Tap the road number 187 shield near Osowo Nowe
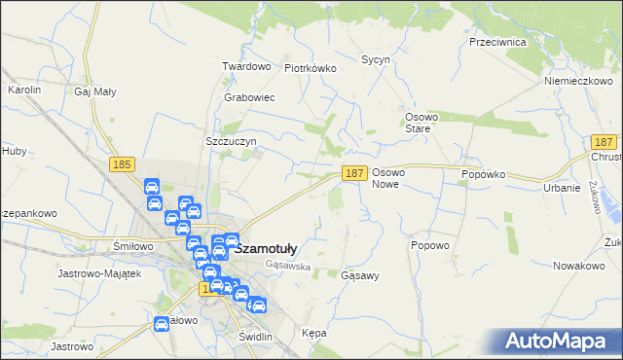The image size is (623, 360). click(x=354, y=172)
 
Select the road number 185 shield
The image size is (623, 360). click(x=122, y=165)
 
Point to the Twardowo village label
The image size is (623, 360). click(x=245, y=66)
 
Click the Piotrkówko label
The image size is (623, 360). click(x=310, y=68)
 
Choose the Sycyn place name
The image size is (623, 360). click(x=376, y=59)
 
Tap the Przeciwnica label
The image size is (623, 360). click(x=497, y=43)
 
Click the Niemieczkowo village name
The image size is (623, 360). click(x=577, y=81)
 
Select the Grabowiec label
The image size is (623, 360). click(x=250, y=98)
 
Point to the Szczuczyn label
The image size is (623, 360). click(x=231, y=141)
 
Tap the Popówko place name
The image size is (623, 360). click(x=484, y=175)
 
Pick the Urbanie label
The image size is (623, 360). click(x=563, y=188)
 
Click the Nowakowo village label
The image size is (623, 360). click(x=579, y=266)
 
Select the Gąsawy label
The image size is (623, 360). click(x=360, y=275)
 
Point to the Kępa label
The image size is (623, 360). click(x=314, y=333)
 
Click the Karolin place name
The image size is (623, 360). click(x=24, y=90)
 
